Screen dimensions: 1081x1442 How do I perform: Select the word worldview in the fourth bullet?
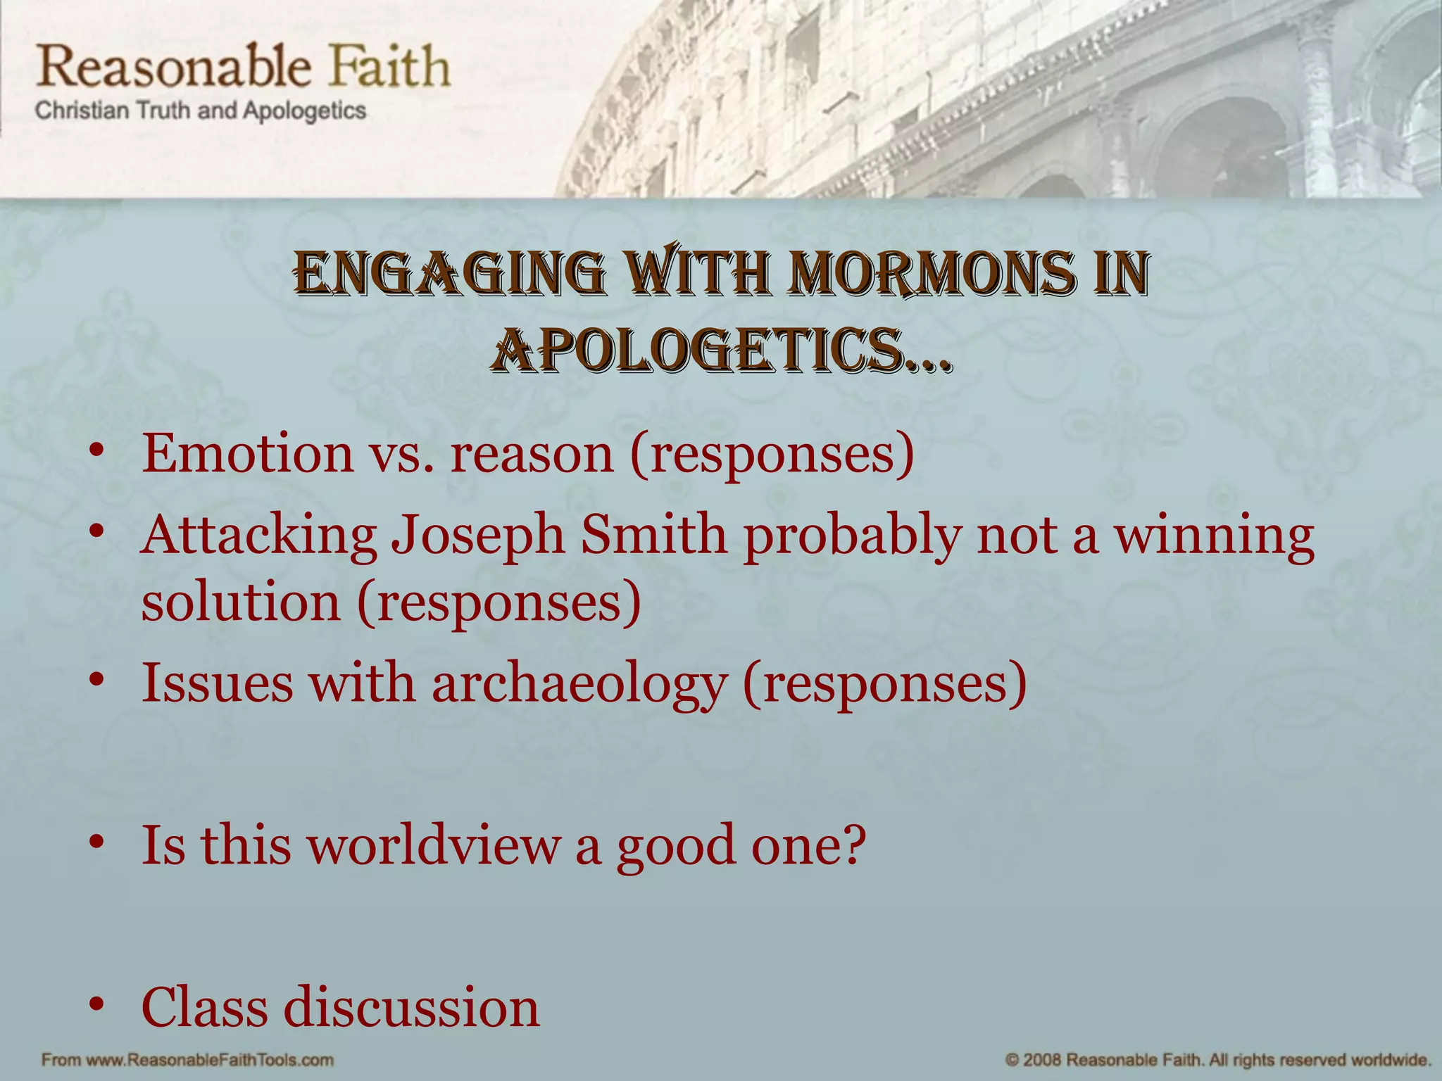tap(433, 845)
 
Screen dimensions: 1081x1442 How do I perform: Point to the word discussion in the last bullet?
tap(411, 1008)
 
